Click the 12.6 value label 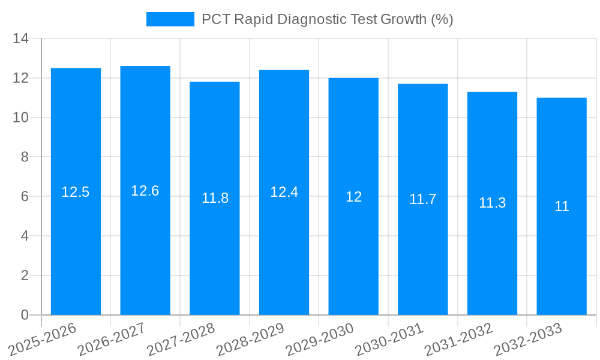coord(145,191)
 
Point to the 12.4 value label coord(284,192)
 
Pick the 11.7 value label coord(422,199)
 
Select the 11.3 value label coord(492,203)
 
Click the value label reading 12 coord(353,197)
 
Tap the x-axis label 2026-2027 coord(111,338)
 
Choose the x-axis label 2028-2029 coord(250,338)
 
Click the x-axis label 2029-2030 coord(320,338)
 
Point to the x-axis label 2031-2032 coord(458,338)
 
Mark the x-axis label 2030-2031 coord(389,338)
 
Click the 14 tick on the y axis coord(21,39)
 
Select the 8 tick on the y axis coord(25,157)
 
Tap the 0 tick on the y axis coord(25,315)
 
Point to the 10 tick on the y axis coord(21,118)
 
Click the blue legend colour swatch coord(170,19)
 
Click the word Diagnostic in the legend coord(313,19)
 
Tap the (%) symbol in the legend coord(442,19)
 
